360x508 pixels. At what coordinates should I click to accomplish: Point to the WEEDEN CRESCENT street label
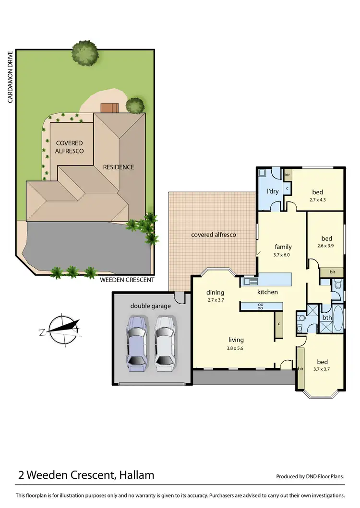pyautogui.click(x=127, y=280)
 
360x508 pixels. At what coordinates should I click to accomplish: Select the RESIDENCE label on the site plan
pyautogui.click(x=118, y=167)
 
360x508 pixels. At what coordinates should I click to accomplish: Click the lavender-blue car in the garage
pyautogui.click(x=136, y=343)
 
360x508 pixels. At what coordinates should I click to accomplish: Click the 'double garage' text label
pyautogui.click(x=150, y=306)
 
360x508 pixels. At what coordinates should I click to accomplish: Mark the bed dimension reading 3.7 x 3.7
pyautogui.click(x=322, y=369)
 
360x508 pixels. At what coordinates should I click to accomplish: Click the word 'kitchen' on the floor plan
pyautogui.click(x=267, y=292)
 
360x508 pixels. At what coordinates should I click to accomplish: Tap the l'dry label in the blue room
pyautogui.click(x=272, y=191)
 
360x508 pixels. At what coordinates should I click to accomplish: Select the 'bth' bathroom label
pyautogui.click(x=326, y=318)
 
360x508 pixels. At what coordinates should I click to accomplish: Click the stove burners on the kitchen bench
pyautogui.click(x=261, y=306)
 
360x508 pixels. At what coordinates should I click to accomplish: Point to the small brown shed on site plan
pyautogui.click(x=109, y=107)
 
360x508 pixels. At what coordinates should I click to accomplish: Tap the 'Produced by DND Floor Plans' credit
pyautogui.click(x=310, y=477)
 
